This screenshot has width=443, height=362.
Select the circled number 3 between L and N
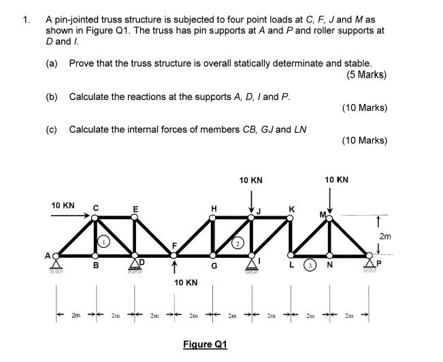(308, 265)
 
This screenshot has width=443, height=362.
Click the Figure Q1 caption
(204, 344)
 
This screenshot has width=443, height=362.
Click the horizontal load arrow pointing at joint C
(71, 218)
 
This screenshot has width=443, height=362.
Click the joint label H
(214, 208)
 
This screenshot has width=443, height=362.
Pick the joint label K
(291, 208)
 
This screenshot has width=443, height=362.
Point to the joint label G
(214, 267)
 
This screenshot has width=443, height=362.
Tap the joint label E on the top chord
(135, 208)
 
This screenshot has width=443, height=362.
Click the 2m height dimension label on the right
(387, 235)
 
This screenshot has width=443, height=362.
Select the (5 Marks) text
(366, 75)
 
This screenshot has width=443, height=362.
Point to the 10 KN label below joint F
(185, 282)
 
